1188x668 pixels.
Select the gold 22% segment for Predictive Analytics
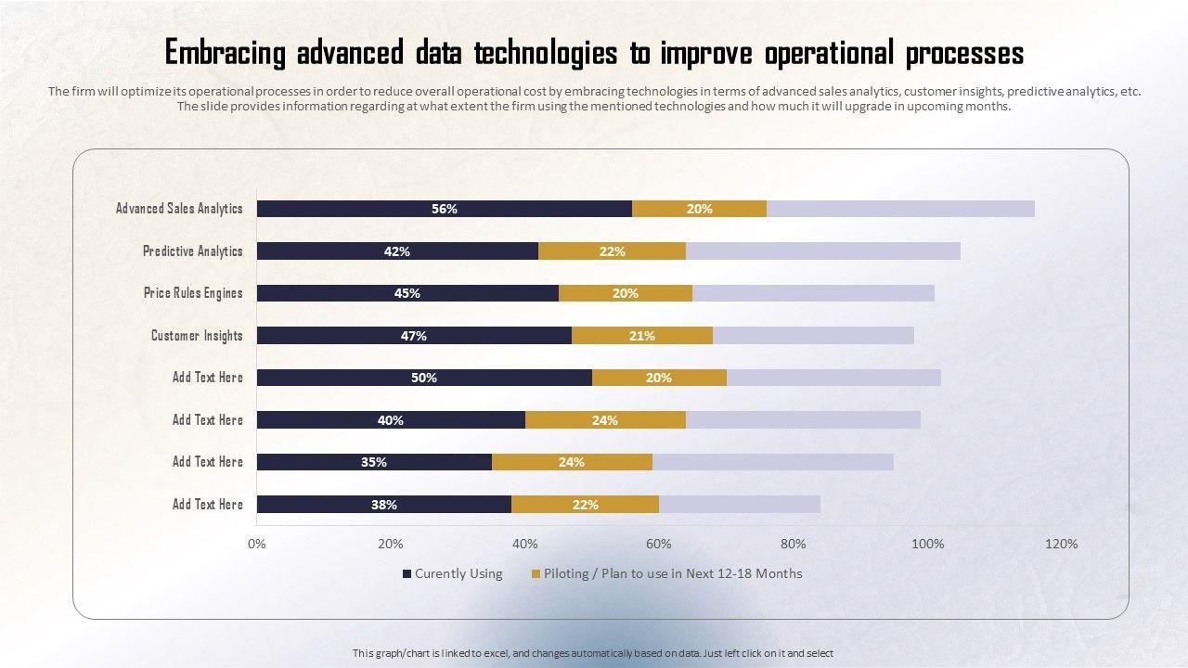[612, 251]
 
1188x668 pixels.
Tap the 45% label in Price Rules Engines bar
[407, 293]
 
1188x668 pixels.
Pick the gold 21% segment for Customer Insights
[641, 336]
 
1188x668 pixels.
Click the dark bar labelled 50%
[424, 378]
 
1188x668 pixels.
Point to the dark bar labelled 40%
[391, 420]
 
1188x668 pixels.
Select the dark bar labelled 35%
[374, 462]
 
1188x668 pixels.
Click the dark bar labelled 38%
[383, 505]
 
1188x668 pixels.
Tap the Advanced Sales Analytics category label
[179, 209]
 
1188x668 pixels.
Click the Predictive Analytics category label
[192, 251]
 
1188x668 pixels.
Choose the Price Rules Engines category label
[193, 293]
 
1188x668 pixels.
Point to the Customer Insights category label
[197, 336]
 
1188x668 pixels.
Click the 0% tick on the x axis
[257, 544]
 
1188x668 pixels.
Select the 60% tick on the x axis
[659, 544]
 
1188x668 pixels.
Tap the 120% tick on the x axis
[1061, 544]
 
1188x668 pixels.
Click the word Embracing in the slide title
[226, 53]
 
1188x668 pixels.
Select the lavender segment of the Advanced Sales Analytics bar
[900, 209]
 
